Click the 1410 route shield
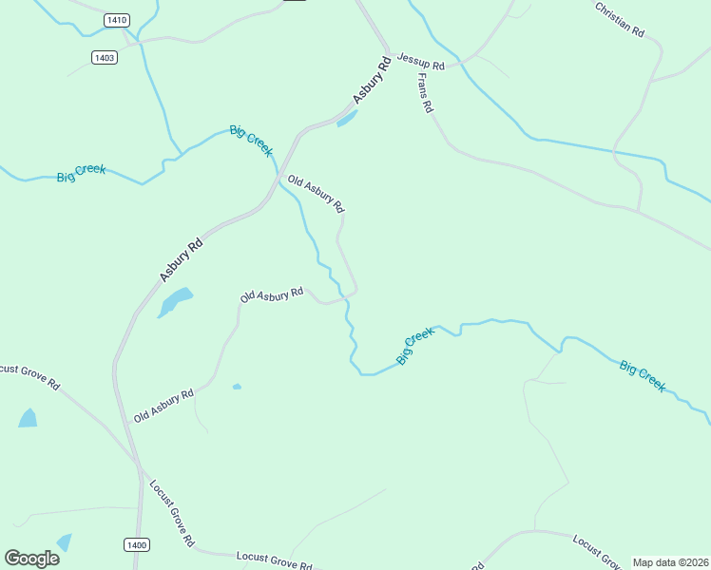[x=116, y=20]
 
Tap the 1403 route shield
[x=105, y=58]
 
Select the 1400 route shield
[x=136, y=544]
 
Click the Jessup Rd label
[x=420, y=62]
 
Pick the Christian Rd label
[x=620, y=19]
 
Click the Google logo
[x=31, y=559]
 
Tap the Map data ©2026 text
[x=670, y=562]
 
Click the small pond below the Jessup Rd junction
[x=347, y=119]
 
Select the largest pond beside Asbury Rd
[x=175, y=302]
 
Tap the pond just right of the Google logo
[x=64, y=542]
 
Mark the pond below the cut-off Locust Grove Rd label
[x=28, y=418]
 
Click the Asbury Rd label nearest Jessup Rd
[x=372, y=82]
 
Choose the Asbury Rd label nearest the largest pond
[x=182, y=259]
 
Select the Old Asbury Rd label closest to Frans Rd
[x=316, y=194]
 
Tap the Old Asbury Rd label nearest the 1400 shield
[x=163, y=405]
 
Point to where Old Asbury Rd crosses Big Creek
[x=345, y=299]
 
